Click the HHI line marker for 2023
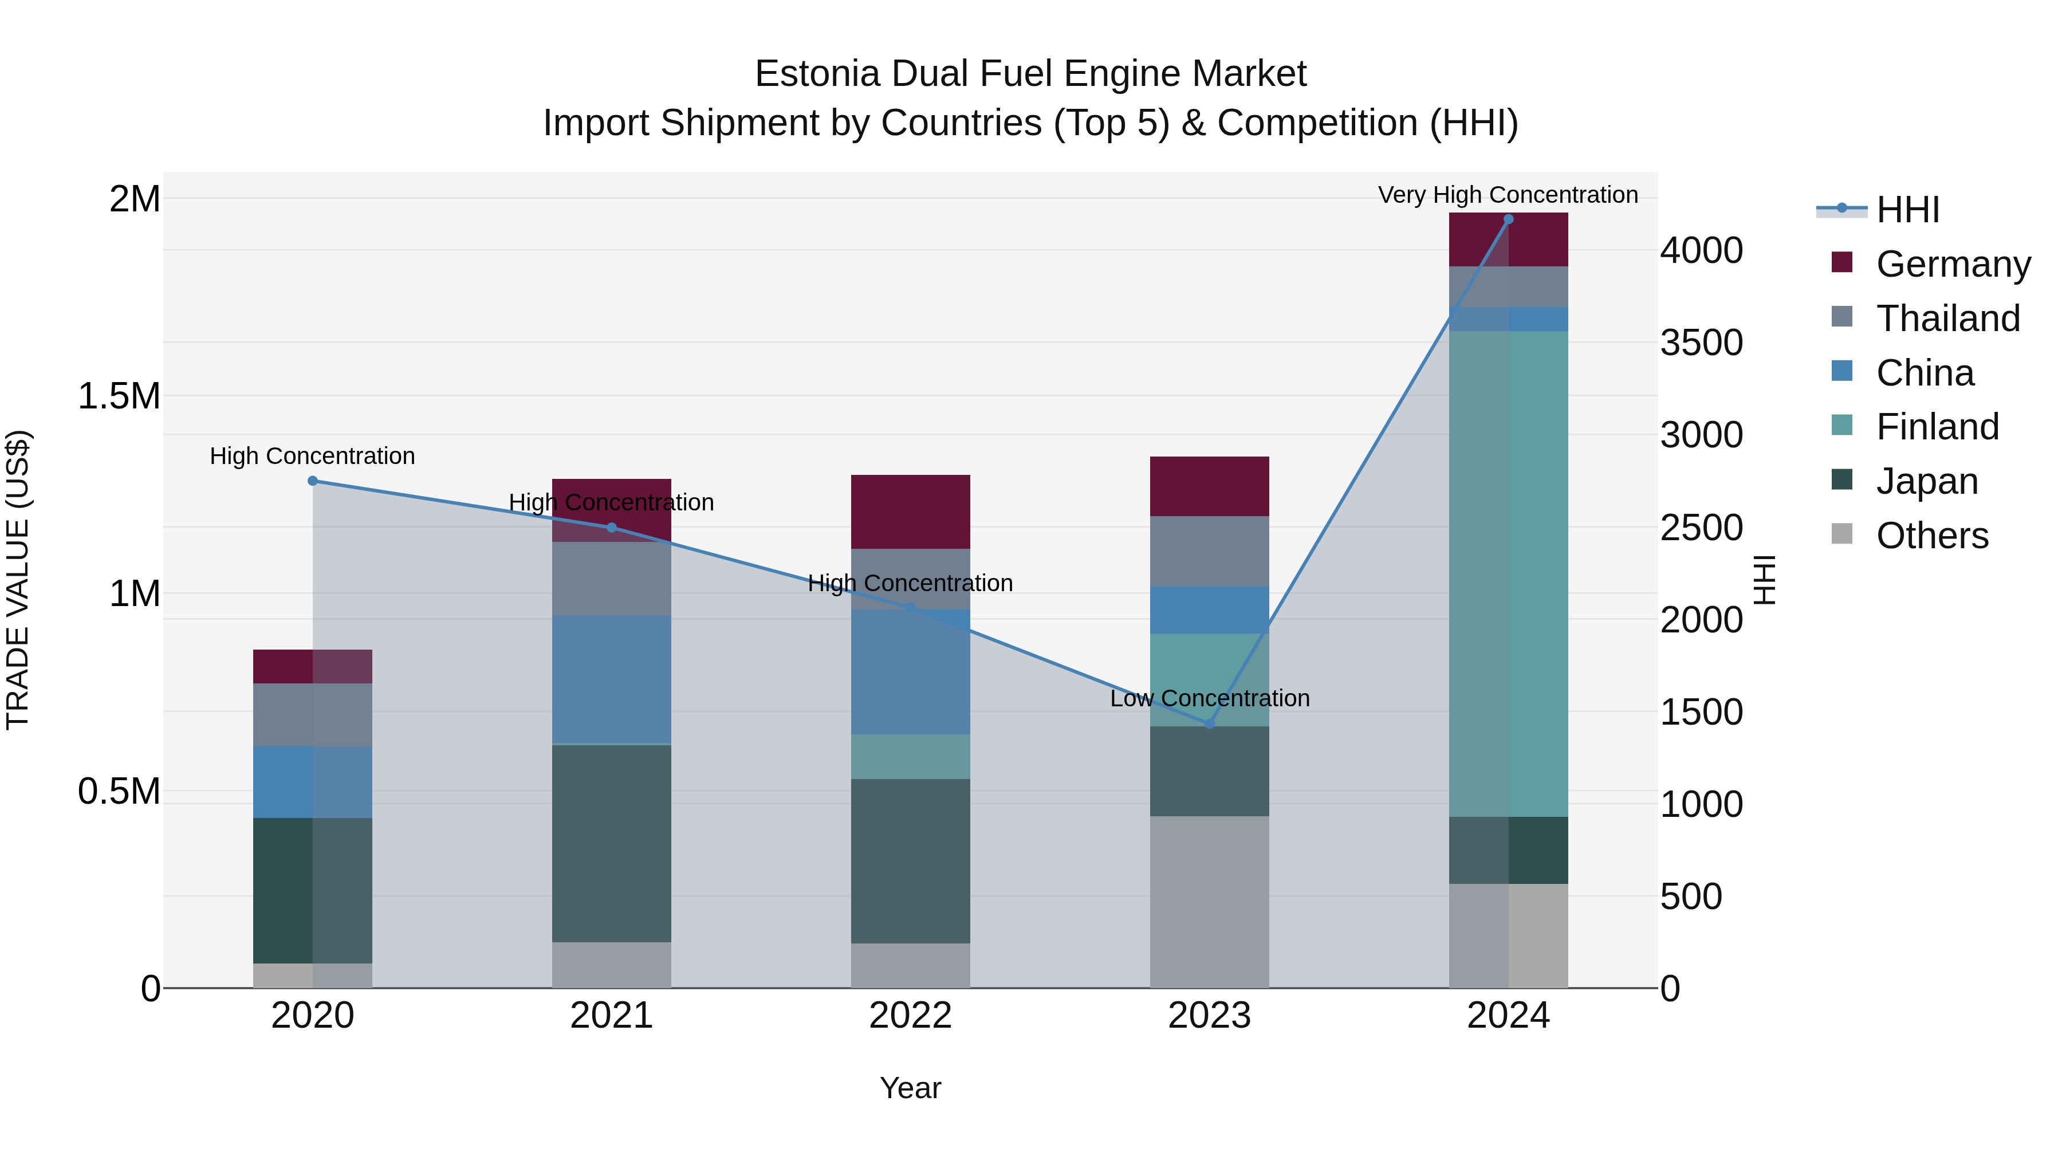[x=1210, y=723]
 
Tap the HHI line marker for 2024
[x=1508, y=219]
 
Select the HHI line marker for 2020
[x=313, y=481]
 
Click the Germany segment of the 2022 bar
[x=910, y=512]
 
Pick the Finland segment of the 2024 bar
[x=1508, y=573]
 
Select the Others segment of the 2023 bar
[x=1210, y=902]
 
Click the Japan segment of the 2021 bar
[x=612, y=843]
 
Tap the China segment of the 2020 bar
[x=313, y=782]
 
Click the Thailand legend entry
[x=1947, y=318]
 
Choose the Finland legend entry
[x=1937, y=427]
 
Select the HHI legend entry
[x=1907, y=210]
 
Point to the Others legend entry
[x=1931, y=536]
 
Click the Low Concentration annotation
[x=1210, y=698]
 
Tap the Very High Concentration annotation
[x=1508, y=195]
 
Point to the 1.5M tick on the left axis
[x=119, y=396]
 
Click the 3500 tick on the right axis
[x=1701, y=343]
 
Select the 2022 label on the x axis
[x=910, y=1016]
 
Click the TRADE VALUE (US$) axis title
[x=18, y=580]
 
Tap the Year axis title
[x=910, y=1088]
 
